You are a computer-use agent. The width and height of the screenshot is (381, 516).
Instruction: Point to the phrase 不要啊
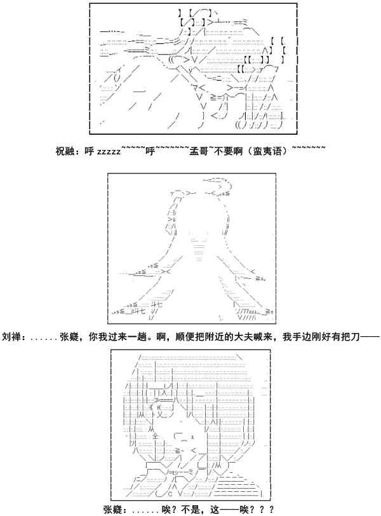click(x=225, y=151)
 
